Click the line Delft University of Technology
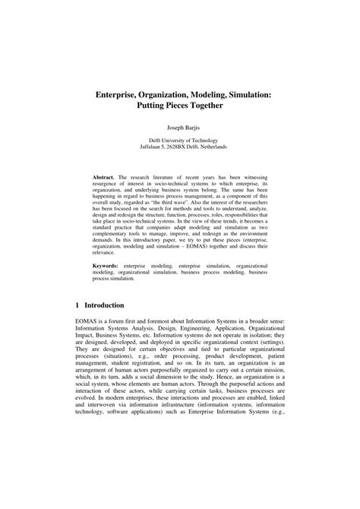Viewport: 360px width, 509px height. pyautogui.click(x=180, y=141)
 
